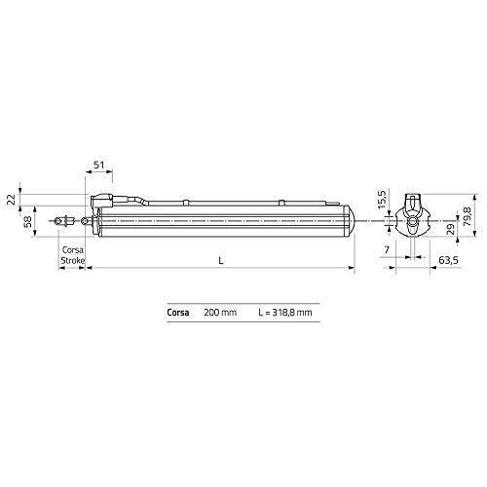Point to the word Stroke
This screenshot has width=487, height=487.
coord(73,260)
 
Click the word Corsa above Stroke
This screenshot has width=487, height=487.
coord(73,250)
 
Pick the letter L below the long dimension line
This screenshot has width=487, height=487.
coord(223,260)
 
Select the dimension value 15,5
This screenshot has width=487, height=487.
coord(382,194)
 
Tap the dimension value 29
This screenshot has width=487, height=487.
coord(451,230)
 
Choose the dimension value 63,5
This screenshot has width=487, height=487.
coord(449,261)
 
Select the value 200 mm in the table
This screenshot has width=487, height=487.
coord(220,314)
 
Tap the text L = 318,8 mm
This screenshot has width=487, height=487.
coord(284,314)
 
